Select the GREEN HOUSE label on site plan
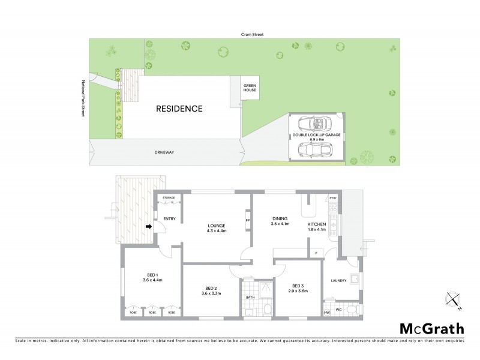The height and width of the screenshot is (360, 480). pyautogui.click(x=250, y=89)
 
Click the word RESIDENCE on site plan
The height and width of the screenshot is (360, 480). pyautogui.click(x=179, y=109)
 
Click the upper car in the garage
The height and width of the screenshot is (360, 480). pyautogui.click(x=315, y=124)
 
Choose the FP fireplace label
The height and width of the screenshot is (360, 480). pyautogui.click(x=247, y=220)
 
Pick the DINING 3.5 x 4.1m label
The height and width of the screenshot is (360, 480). pyautogui.click(x=280, y=221)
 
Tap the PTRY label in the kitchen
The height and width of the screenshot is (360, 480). pyautogui.click(x=333, y=199)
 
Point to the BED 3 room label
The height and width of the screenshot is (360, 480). pyautogui.click(x=299, y=288)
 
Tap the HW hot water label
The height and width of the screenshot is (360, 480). pyautogui.click(x=328, y=313)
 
